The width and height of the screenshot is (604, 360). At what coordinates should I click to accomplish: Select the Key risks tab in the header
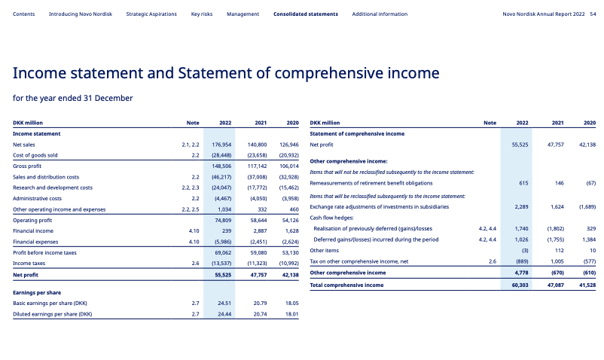(201, 14)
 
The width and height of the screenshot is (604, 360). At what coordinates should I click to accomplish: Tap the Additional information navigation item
(380, 14)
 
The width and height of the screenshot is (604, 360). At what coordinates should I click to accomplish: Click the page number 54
(593, 14)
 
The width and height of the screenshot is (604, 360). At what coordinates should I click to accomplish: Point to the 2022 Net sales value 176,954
(221, 144)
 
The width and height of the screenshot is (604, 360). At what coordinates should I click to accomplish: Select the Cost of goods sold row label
(36, 155)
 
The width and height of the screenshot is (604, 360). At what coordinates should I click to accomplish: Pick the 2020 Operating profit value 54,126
(288, 220)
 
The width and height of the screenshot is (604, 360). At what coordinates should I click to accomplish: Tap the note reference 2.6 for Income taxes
(195, 264)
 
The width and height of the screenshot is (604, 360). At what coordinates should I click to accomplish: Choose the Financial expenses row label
(35, 242)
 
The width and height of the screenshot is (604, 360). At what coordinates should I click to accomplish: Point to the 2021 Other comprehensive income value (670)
(556, 273)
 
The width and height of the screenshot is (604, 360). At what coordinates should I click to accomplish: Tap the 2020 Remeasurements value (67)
(590, 183)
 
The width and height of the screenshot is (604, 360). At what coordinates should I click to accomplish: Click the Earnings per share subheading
(37, 292)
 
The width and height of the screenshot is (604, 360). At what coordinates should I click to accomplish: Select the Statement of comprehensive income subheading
(357, 133)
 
